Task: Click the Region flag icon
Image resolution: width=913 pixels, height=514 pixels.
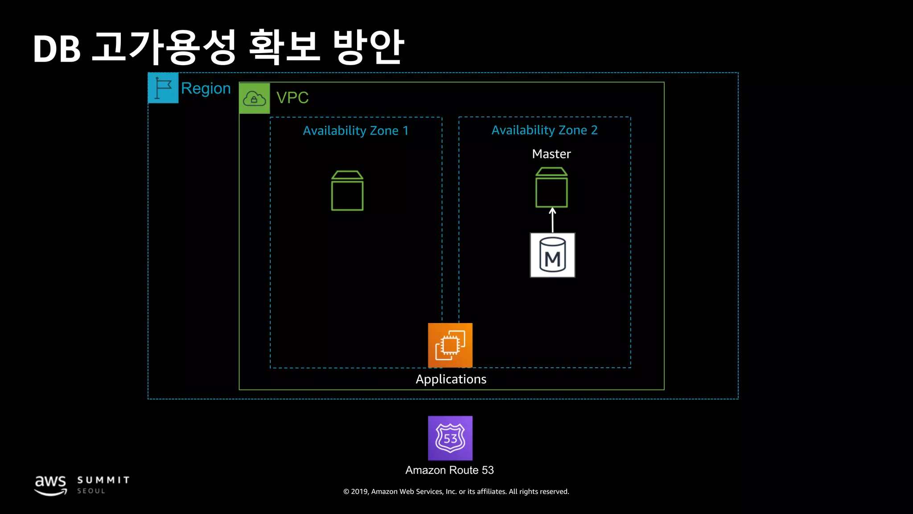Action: pyautogui.click(x=163, y=88)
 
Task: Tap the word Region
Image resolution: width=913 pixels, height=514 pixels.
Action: pyautogui.click(x=206, y=88)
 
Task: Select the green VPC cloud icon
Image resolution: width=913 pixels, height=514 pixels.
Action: pyautogui.click(x=255, y=98)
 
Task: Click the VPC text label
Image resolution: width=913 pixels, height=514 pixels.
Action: pyautogui.click(x=292, y=98)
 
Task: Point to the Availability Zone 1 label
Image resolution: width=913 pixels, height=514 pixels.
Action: pyautogui.click(x=355, y=131)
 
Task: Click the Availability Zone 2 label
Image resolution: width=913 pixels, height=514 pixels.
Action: pyautogui.click(x=544, y=130)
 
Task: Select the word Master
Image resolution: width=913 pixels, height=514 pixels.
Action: pyautogui.click(x=551, y=154)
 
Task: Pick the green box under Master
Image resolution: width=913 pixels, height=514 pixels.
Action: pyautogui.click(x=551, y=188)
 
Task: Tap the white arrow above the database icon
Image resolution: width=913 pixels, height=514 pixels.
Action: pyautogui.click(x=552, y=220)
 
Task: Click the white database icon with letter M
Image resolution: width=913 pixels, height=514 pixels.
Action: pyautogui.click(x=552, y=255)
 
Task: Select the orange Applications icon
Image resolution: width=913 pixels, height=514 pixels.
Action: pyautogui.click(x=450, y=345)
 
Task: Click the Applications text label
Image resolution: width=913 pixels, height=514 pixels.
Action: pyautogui.click(x=451, y=379)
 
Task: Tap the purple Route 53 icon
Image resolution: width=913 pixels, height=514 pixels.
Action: pyautogui.click(x=450, y=438)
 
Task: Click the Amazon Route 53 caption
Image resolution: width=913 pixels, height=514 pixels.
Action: pyautogui.click(x=449, y=470)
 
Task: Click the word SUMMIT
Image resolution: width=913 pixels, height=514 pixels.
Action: pyautogui.click(x=103, y=480)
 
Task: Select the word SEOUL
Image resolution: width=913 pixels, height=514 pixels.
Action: pyautogui.click(x=91, y=491)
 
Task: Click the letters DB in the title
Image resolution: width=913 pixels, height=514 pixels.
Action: pyautogui.click(x=57, y=49)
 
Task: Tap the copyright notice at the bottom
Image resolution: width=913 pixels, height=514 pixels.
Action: pyautogui.click(x=456, y=492)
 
